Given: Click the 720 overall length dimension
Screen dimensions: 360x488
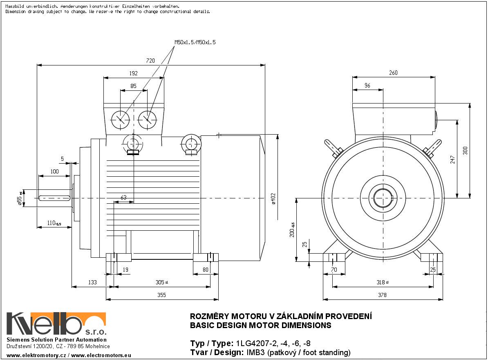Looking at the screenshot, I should (x=150, y=61).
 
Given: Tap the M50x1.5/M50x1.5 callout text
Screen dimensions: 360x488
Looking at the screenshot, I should (x=195, y=42).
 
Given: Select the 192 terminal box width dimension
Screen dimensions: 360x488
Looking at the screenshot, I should (x=134, y=74).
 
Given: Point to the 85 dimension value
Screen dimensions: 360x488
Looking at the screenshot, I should (x=133, y=86).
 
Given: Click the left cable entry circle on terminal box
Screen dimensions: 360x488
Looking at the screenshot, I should (x=120, y=119).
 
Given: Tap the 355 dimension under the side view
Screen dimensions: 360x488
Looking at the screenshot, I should (x=162, y=295).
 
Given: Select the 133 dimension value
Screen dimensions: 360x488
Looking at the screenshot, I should (x=92, y=282).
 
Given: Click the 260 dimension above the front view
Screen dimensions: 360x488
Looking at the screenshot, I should (x=393, y=73).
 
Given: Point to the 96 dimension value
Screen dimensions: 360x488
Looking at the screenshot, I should (x=367, y=86).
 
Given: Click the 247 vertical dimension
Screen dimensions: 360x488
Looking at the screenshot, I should (x=452, y=160).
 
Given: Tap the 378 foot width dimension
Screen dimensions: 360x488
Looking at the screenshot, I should (x=382, y=295).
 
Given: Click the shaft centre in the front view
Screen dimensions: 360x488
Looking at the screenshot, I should (x=383, y=198).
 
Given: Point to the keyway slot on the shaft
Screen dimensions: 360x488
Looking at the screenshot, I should (x=55, y=198).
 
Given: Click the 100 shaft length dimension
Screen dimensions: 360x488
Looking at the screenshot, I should (x=54, y=171).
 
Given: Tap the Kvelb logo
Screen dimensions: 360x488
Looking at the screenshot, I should (x=56, y=324).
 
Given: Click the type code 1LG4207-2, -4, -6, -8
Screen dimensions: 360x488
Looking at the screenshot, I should (x=273, y=343).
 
